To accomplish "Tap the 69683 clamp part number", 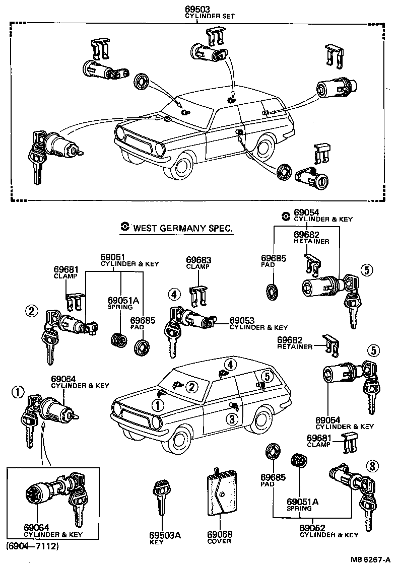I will [x=198, y=260].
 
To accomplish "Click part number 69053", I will [x=242, y=320].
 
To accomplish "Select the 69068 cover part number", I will [x=220, y=535].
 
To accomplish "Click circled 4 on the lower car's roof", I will [x=229, y=364].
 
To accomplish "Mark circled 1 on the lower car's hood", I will [x=159, y=404].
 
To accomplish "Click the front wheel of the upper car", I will [x=184, y=166].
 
